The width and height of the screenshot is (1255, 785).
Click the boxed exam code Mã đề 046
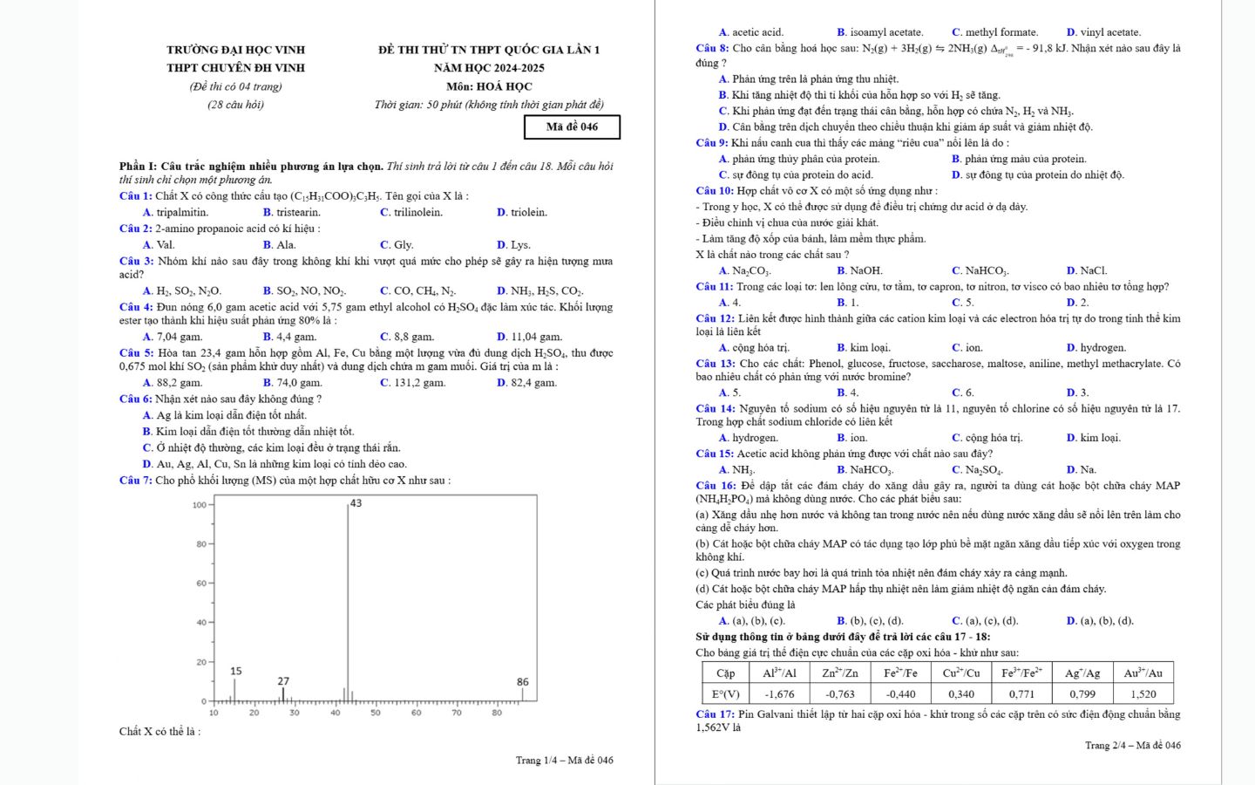[x=572, y=126]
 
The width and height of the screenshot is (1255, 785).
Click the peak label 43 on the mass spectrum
[x=356, y=503]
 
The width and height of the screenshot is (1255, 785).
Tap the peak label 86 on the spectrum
[x=522, y=681]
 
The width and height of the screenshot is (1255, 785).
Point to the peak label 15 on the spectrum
[x=236, y=671]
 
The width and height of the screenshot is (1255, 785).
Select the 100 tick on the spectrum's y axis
[x=200, y=505]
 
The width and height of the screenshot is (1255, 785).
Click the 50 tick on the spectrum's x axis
[x=376, y=713]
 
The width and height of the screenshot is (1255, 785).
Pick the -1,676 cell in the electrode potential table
[x=779, y=694]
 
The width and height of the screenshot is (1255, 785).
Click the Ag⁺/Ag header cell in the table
[x=1082, y=672]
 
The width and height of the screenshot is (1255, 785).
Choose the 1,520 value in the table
[x=1143, y=694]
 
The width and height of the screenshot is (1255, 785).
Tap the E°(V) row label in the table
[x=726, y=694]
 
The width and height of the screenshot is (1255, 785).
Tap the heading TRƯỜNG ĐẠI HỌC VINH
[x=235, y=50]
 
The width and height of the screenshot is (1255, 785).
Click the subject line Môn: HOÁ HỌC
[x=489, y=86]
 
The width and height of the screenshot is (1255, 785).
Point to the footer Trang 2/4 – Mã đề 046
[x=1132, y=745]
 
